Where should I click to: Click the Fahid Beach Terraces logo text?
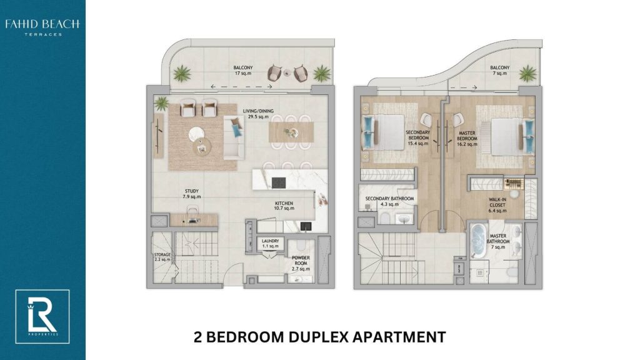point(42,27)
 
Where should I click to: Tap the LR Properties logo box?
point(42,317)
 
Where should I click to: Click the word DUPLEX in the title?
point(319,337)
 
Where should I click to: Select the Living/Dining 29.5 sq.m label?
point(258,114)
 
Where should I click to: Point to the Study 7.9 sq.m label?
point(192,194)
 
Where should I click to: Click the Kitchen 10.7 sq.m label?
point(284,206)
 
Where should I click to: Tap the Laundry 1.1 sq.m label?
point(270,244)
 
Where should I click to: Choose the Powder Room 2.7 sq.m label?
point(301,263)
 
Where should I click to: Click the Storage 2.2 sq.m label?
point(162,257)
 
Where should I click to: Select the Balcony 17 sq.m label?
point(243,71)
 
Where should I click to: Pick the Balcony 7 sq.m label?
point(500,71)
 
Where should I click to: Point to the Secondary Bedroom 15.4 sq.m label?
point(418,138)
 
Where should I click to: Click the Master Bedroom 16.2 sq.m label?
point(467,139)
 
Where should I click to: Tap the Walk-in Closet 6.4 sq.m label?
point(497,205)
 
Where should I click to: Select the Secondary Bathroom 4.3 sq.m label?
point(389,201)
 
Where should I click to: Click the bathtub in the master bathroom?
point(477,241)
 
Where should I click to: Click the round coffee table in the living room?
point(197,134)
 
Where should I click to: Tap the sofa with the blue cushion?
point(234,137)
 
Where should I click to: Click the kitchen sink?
point(306,226)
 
